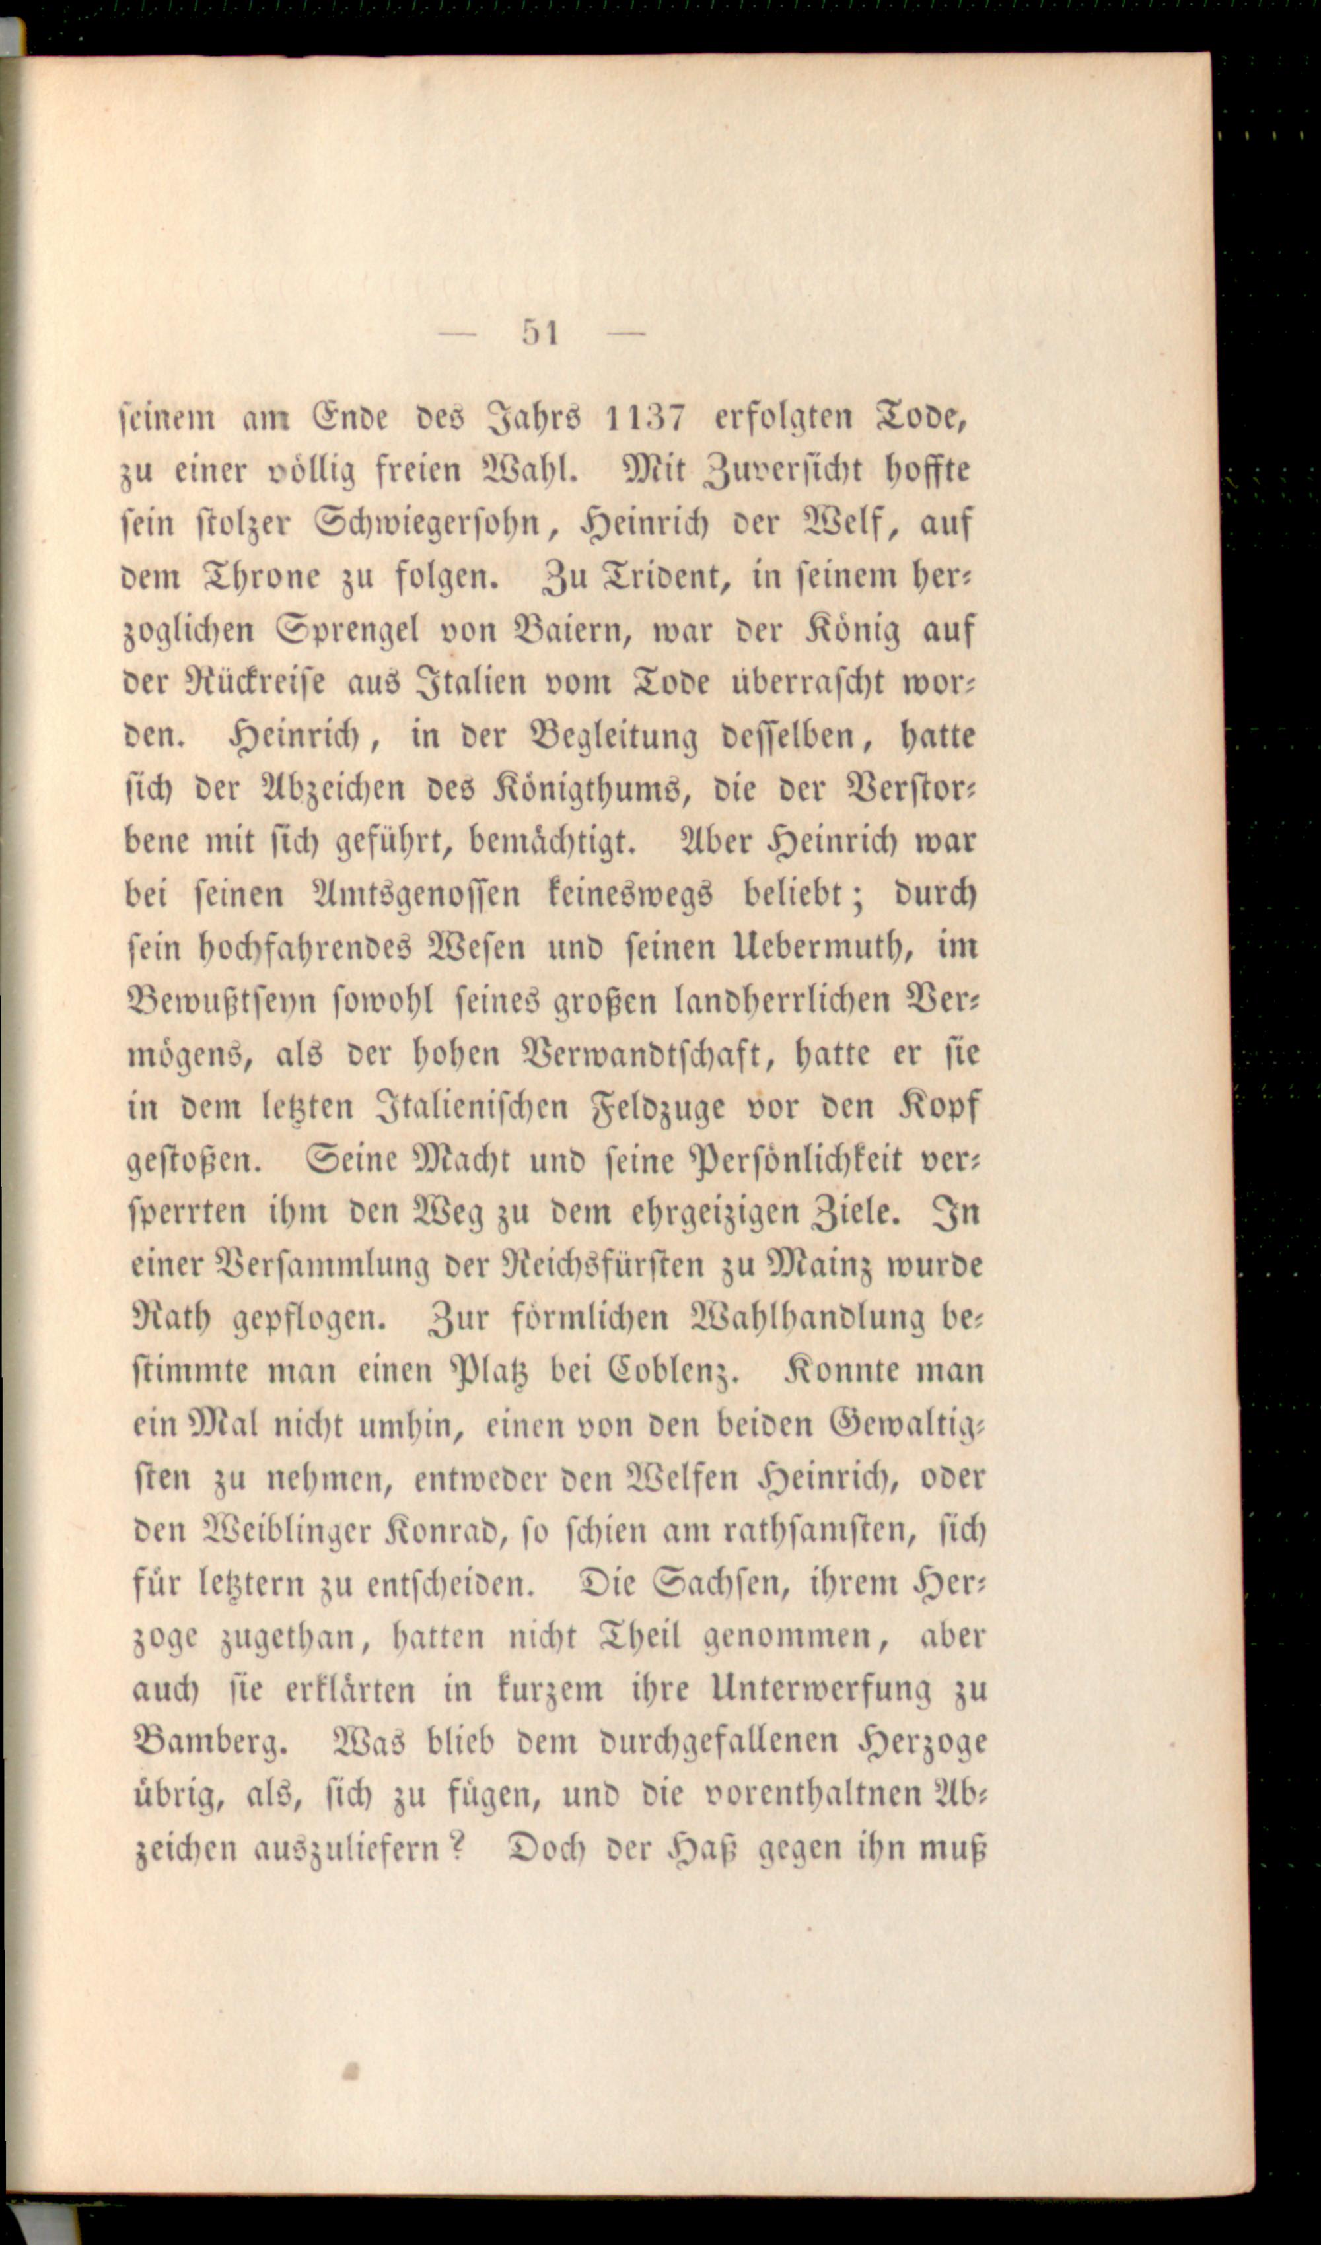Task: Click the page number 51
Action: pos(540,333)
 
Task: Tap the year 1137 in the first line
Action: pos(643,417)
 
